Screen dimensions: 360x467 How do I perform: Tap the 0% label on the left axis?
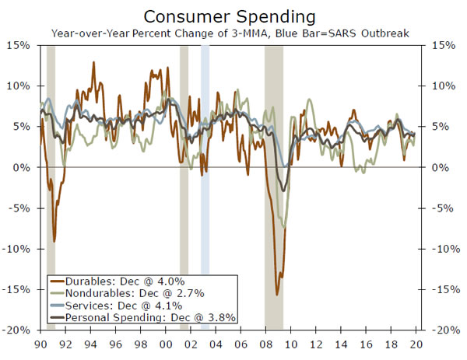(x=23, y=167)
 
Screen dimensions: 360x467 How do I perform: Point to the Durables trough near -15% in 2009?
(x=277, y=294)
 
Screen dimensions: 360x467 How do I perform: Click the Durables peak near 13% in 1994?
(x=94, y=62)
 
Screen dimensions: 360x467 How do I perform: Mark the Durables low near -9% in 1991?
(x=54, y=241)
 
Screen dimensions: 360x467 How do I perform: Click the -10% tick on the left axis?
(x=19, y=249)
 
